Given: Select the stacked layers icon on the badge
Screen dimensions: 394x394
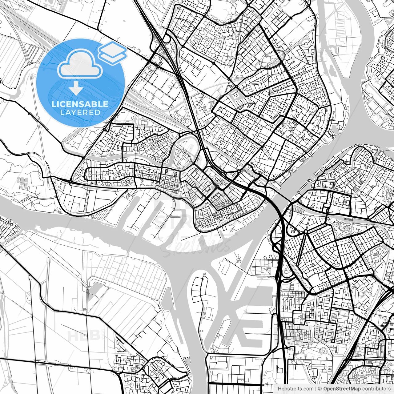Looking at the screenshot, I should click(x=112, y=53).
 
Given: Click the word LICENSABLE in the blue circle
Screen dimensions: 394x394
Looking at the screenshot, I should click(x=80, y=104).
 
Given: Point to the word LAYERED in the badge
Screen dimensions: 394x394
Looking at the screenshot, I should click(x=80, y=112).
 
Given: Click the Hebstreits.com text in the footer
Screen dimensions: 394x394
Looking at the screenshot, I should click(x=295, y=389).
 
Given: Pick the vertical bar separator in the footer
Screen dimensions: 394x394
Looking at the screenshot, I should click(x=316, y=389).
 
